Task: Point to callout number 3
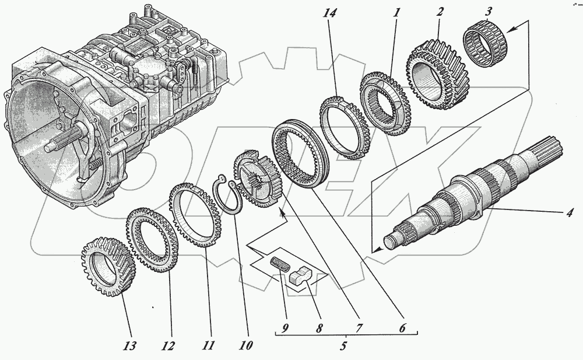(487, 12)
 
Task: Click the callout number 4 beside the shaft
(570, 212)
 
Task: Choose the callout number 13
(129, 345)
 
